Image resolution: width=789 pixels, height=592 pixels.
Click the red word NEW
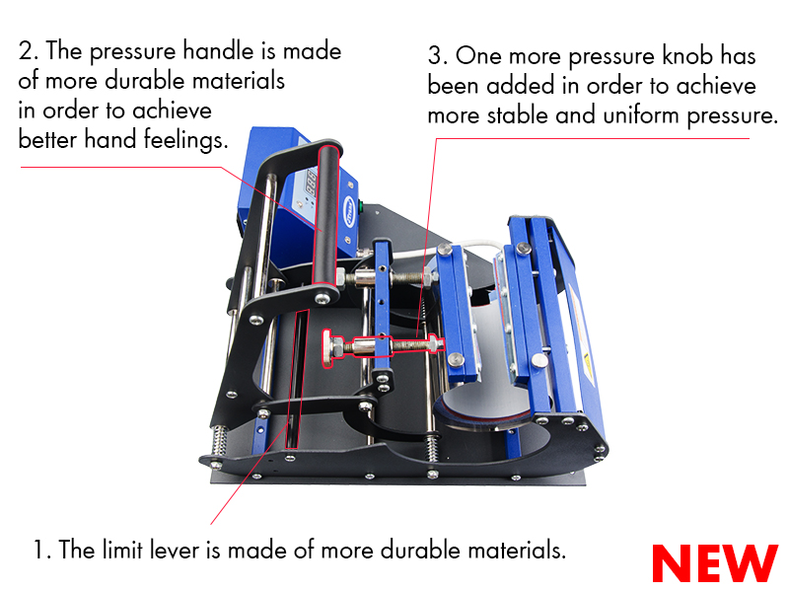tap(714, 562)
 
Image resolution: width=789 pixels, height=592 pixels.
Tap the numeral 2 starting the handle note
tap(26, 51)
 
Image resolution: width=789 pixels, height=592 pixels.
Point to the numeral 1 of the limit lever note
tap(39, 550)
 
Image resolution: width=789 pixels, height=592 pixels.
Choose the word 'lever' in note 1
tap(175, 550)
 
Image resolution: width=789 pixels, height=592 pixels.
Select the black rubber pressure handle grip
tap(326, 215)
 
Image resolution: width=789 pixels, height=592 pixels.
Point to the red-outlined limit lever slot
tap(297, 379)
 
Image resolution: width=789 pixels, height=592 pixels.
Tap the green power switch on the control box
tap(360, 205)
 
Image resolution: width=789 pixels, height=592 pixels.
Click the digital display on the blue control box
tap(311, 183)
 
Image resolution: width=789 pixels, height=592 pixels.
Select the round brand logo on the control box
tap(349, 210)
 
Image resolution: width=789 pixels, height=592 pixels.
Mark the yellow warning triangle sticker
tap(587, 362)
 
